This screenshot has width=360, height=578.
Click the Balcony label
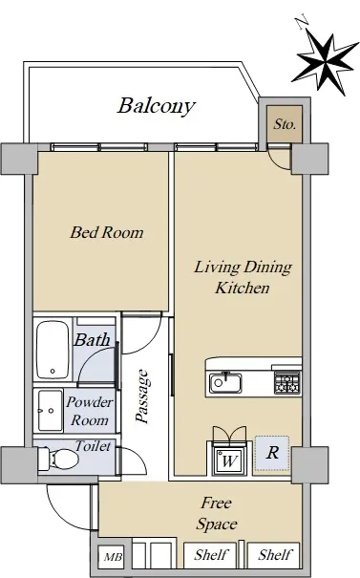point(157,106)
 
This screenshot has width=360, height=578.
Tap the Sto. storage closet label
point(285,124)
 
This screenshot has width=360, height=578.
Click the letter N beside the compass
point(304,21)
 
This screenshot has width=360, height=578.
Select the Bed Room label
point(107,232)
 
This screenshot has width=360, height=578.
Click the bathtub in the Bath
point(53,350)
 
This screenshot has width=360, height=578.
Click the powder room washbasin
point(50,410)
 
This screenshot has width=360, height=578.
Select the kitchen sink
point(225,383)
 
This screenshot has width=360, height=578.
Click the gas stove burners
point(287,382)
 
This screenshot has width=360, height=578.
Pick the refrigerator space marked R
point(272,453)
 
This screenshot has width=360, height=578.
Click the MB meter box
point(113,557)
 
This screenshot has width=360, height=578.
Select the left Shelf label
point(211,554)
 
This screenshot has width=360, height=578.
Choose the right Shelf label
point(275,554)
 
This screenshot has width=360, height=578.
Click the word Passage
point(143,396)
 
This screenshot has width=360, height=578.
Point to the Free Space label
point(217,513)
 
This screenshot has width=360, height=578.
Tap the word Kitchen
point(243,288)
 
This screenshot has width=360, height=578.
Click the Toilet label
point(93,446)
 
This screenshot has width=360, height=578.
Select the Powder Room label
point(90,411)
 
